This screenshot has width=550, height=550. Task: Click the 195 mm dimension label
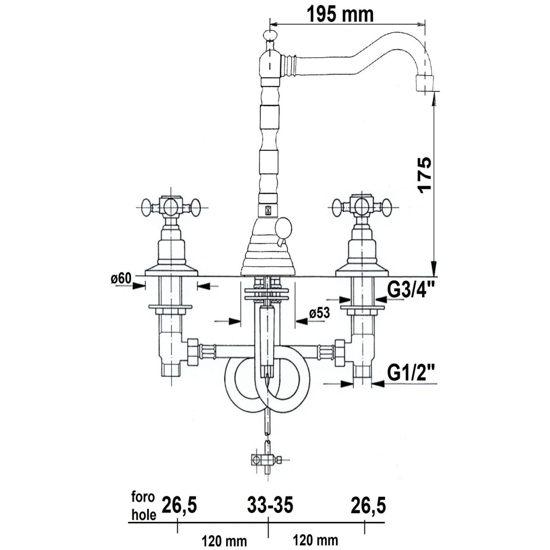pos(340,14)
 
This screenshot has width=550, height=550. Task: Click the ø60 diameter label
pos(121,279)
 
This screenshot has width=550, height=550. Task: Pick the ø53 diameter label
pos(319,313)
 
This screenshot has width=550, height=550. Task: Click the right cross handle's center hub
pos(361,207)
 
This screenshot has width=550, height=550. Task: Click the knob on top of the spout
pos(269,35)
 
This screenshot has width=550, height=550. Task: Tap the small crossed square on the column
pos(268,211)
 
